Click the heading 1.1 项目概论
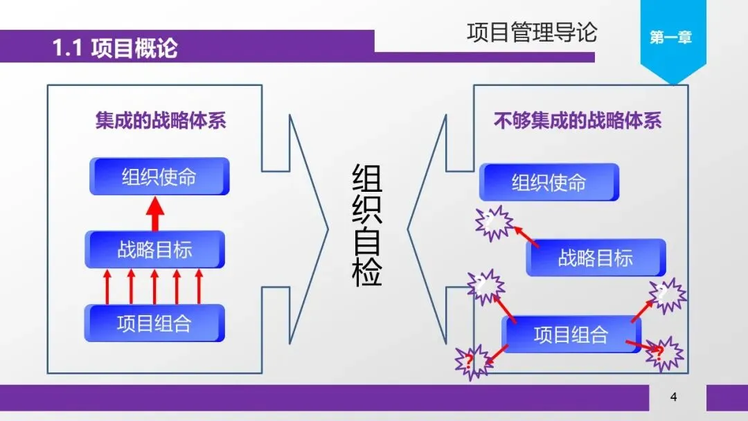(115, 48)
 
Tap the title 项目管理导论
(531, 32)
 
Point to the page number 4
(673, 397)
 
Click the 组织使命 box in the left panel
(159, 177)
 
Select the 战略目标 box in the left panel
(154, 249)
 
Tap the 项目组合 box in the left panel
(154, 323)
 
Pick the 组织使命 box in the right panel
(549, 182)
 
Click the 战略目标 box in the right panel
(596, 258)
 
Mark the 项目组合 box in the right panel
(571, 334)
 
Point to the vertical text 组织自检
(367, 226)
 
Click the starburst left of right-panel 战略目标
(494, 222)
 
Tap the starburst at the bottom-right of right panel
(663, 353)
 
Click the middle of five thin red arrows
(154, 287)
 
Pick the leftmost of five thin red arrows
(107, 287)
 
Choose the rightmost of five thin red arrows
(199, 287)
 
